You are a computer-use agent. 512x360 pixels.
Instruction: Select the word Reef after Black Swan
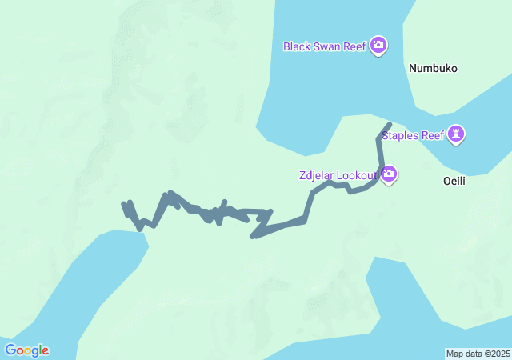tap(354, 46)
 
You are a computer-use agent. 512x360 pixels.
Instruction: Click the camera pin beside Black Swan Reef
tap(378, 46)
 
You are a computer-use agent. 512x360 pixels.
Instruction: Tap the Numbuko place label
tap(433, 69)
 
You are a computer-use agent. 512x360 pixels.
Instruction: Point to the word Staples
tap(400, 135)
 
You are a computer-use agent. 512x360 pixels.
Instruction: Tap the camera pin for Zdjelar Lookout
tap(389, 174)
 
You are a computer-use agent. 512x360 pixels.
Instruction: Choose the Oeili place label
tap(454, 181)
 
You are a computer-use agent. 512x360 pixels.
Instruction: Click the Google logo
tap(26, 350)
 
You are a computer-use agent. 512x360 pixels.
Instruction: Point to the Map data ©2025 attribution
tap(478, 354)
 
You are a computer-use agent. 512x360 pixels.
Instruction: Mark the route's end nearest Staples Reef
tap(390, 124)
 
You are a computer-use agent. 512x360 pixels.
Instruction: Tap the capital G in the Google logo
tap(10, 350)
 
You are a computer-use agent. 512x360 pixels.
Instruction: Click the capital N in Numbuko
tap(413, 69)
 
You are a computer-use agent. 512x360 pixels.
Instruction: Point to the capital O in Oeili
tap(447, 181)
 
